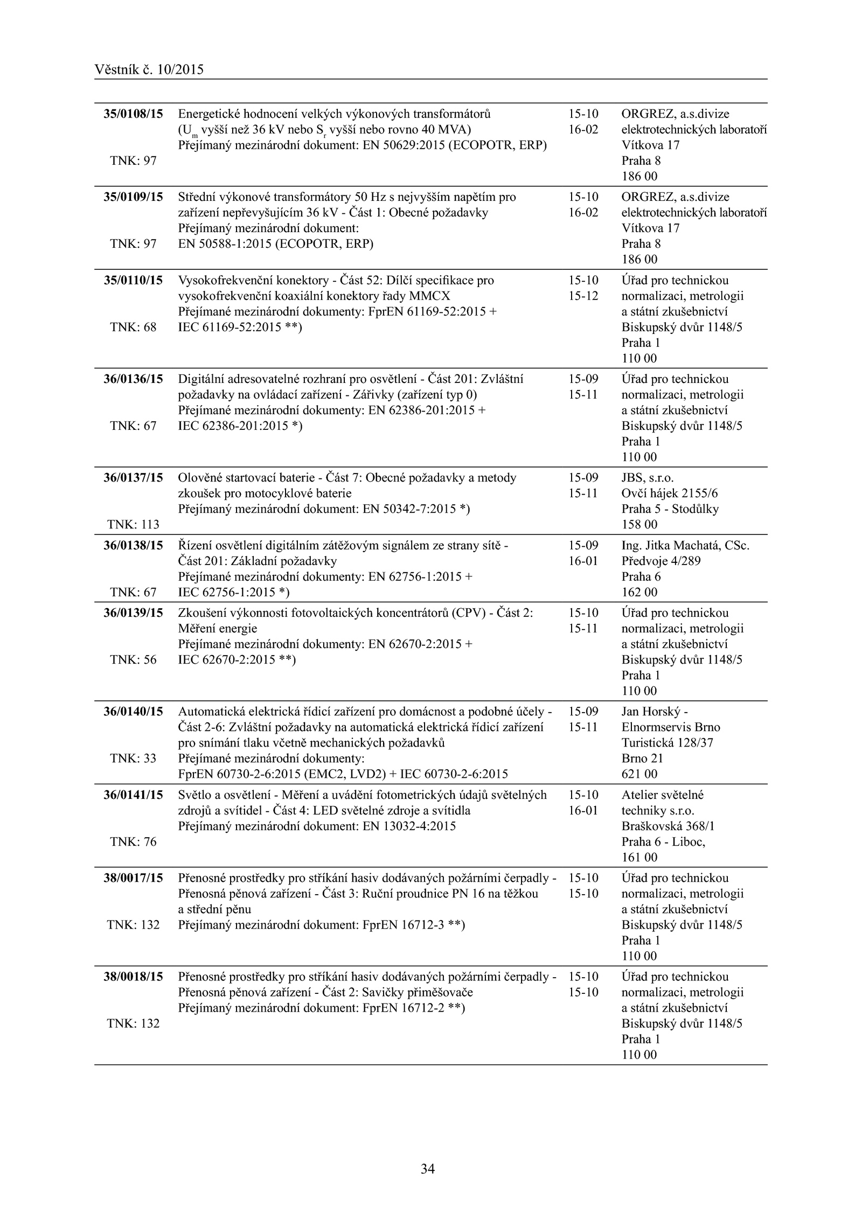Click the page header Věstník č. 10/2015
[149, 69]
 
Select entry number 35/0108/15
[133, 114]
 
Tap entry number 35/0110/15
[133, 280]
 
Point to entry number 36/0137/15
[133, 478]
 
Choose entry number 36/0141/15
[133, 795]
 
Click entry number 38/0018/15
[133, 977]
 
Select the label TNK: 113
[133, 525]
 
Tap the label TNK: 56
[133, 660]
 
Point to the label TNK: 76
[133, 842]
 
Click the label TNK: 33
[133, 758]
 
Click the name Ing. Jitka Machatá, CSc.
[685, 545]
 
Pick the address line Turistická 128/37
[667, 743]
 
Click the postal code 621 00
[639, 774]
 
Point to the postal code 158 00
[639, 525]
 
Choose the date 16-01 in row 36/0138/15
[583, 561]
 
